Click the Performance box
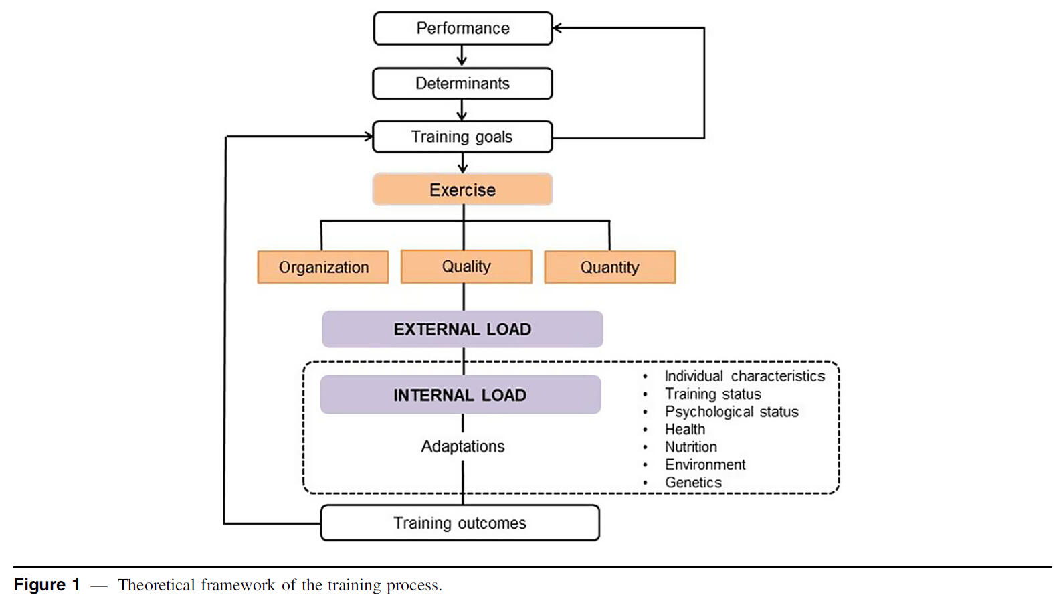463,28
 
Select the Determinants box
462,84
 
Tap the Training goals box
462,137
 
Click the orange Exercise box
462,189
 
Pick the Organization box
323,267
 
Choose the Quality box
466,266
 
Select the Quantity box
609,267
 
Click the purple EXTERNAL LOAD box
462,329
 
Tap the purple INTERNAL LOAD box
460,395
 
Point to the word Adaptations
463,446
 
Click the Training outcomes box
460,523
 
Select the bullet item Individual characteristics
744,376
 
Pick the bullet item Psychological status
731,412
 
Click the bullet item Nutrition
690,447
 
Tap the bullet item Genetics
693,483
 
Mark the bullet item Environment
704,464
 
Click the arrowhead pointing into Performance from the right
557,28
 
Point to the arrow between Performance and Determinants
462,56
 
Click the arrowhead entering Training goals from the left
368,137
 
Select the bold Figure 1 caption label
47,585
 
